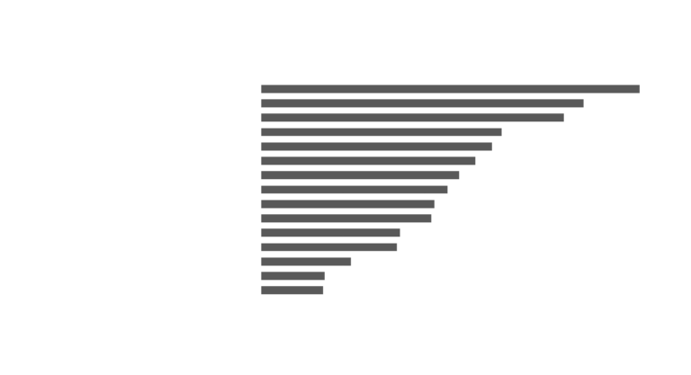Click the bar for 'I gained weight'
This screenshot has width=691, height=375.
[451, 88]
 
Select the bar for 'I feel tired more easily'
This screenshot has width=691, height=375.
[413, 117]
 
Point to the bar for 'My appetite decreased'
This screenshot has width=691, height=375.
[292, 290]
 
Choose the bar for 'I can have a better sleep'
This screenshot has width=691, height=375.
[293, 275]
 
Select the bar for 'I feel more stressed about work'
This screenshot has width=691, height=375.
[361, 174]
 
